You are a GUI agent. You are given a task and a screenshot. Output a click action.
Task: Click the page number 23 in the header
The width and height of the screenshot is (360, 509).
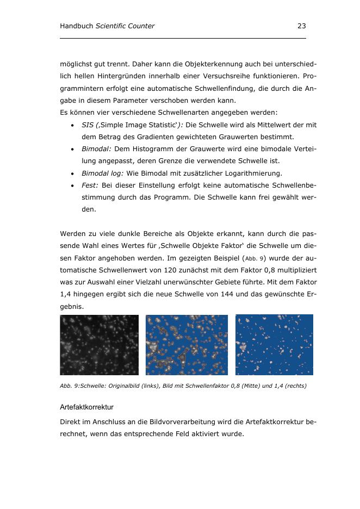(x=302, y=26)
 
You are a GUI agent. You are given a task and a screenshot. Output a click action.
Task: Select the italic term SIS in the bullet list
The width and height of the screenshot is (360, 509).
(x=87, y=125)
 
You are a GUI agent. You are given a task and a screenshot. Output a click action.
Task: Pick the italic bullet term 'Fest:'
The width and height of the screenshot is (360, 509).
(x=90, y=185)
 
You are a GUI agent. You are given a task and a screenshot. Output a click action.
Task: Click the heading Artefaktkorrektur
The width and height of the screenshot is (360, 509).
(x=86, y=407)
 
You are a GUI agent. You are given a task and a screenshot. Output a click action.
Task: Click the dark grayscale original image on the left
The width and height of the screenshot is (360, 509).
(x=99, y=345)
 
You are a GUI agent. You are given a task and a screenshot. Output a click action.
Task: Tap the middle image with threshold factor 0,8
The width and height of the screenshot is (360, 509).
(x=187, y=345)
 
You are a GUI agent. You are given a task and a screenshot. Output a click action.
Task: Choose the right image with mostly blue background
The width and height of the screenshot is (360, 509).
(x=274, y=345)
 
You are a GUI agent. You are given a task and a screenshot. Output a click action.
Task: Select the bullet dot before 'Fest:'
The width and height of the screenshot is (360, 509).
(x=72, y=185)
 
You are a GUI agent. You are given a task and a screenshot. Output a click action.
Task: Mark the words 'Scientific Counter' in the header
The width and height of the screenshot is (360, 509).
(x=125, y=26)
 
